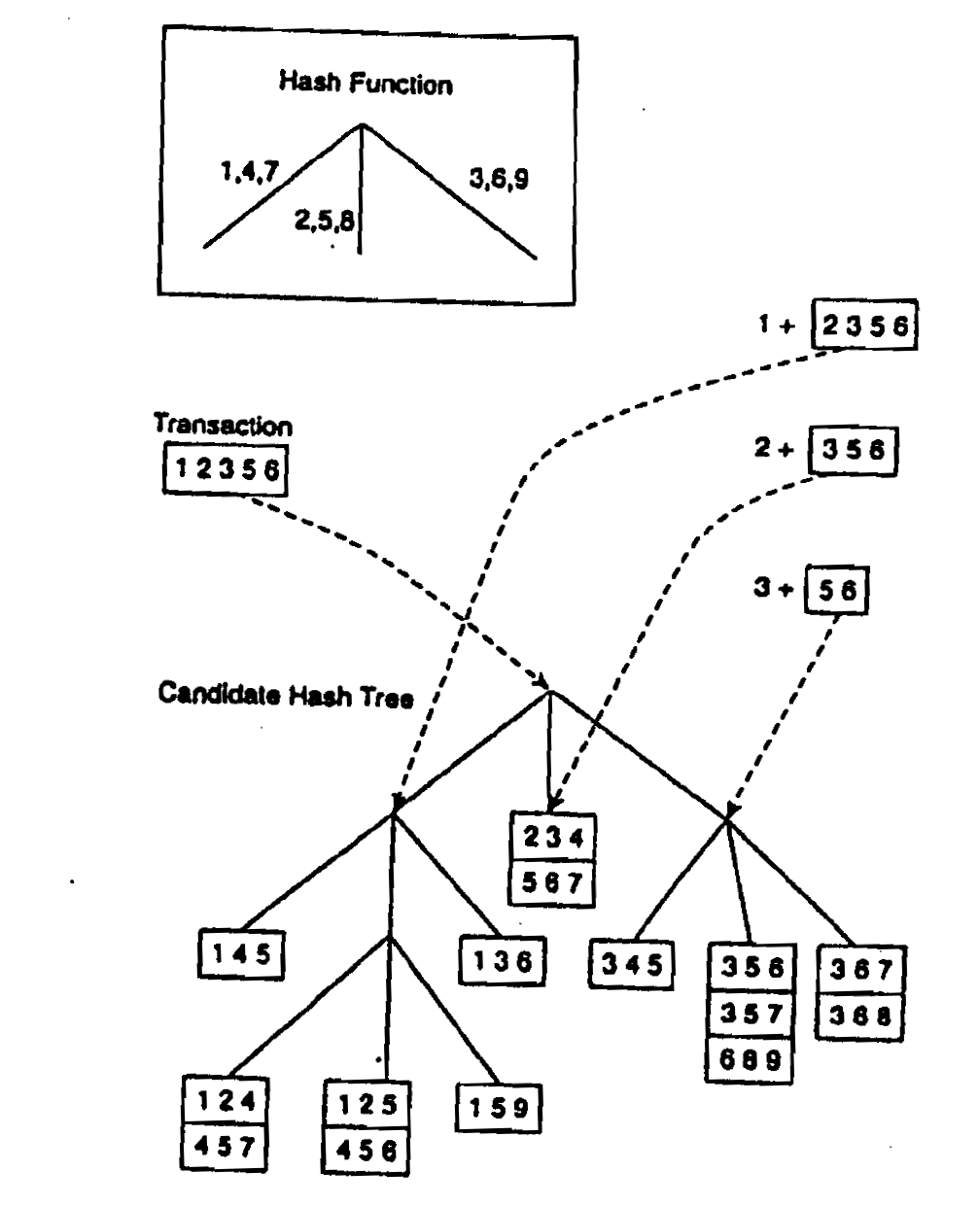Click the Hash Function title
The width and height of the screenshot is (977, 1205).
[x=365, y=84]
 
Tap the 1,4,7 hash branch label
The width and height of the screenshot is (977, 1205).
[x=249, y=172]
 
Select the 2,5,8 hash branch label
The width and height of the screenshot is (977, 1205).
[x=324, y=220]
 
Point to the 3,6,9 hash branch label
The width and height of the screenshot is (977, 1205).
[x=499, y=179]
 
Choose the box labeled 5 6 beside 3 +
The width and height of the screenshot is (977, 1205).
[x=837, y=592]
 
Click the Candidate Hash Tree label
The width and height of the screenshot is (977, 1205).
[x=286, y=696]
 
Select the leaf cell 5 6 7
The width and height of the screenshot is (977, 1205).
[x=552, y=882]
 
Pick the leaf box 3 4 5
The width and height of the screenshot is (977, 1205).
[x=631, y=965]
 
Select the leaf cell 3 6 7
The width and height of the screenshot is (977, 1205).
[x=861, y=971]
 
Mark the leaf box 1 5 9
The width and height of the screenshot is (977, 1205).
[x=499, y=1106]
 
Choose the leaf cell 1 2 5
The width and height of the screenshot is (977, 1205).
[x=366, y=1104]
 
